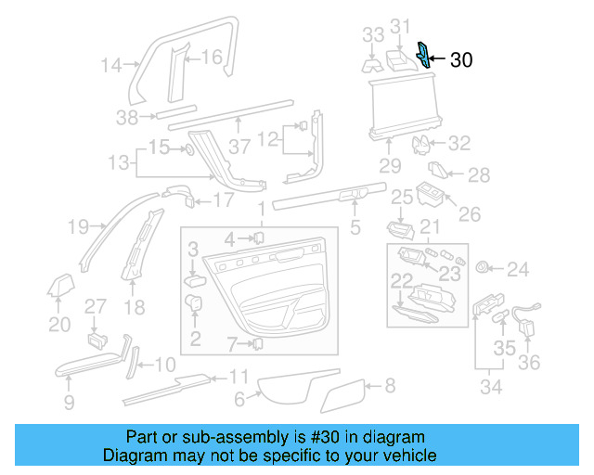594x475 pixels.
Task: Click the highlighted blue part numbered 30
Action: pos(424,55)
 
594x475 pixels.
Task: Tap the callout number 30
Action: pos(461,61)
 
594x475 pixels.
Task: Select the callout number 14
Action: pos(111,65)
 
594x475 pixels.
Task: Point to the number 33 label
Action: pos(372,35)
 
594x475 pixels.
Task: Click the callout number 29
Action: pos(390,166)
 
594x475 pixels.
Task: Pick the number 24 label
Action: pos(517,270)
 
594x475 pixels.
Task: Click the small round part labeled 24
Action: pos(482,267)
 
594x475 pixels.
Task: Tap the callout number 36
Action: pos(529,361)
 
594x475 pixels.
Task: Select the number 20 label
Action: pos(59,324)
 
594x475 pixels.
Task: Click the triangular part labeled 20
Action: pos(61,288)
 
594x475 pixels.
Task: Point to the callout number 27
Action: pos(97,307)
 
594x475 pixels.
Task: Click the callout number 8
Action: pos(389,383)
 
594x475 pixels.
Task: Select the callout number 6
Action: pos(239,400)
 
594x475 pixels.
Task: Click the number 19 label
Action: pos(78,225)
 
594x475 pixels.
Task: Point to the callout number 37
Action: pos(240,148)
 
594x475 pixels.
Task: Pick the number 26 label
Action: pos(470,214)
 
